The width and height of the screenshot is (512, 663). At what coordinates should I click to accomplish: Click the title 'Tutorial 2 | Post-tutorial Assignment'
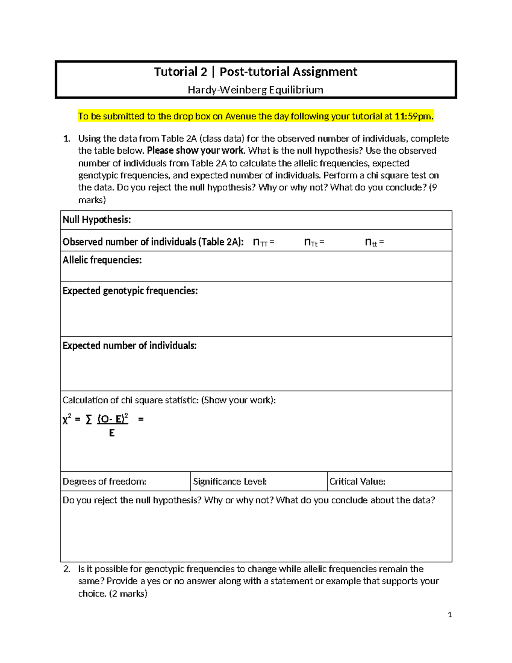(x=256, y=72)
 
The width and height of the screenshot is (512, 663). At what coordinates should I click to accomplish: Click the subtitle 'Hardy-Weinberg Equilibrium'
(x=256, y=90)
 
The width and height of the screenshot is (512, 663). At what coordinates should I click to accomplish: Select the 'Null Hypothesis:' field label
(x=97, y=220)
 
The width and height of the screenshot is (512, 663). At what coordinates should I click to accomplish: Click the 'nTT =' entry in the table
(x=263, y=242)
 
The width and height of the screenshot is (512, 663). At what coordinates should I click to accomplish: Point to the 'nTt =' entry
(x=314, y=242)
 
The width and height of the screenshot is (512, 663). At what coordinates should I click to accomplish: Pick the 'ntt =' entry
(x=374, y=242)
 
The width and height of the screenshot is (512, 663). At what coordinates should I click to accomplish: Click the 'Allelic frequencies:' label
(x=102, y=260)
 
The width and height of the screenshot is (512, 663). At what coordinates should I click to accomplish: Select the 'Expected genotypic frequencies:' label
(x=130, y=291)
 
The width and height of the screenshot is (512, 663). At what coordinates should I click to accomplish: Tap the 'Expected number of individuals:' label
(x=129, y=345)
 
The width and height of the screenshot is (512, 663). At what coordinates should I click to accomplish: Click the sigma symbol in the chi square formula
(x=89, y=420)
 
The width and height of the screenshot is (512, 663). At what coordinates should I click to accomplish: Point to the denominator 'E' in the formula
(x=112, y=433)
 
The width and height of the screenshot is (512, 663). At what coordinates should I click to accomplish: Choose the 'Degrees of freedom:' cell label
(x=105, y=482)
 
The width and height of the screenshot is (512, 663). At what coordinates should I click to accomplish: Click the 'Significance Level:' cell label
(x=230, y=482)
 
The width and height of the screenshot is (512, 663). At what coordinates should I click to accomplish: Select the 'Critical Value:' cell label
(x=358, y=482)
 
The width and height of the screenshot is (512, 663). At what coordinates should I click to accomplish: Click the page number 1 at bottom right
(x=450, y=615)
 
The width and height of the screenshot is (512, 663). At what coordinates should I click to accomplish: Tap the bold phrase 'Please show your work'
(x=195, y=151)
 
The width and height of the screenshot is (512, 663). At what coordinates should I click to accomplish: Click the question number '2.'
(x=67, y=569)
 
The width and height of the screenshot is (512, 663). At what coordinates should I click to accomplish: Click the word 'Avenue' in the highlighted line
(x=241, y=116)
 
